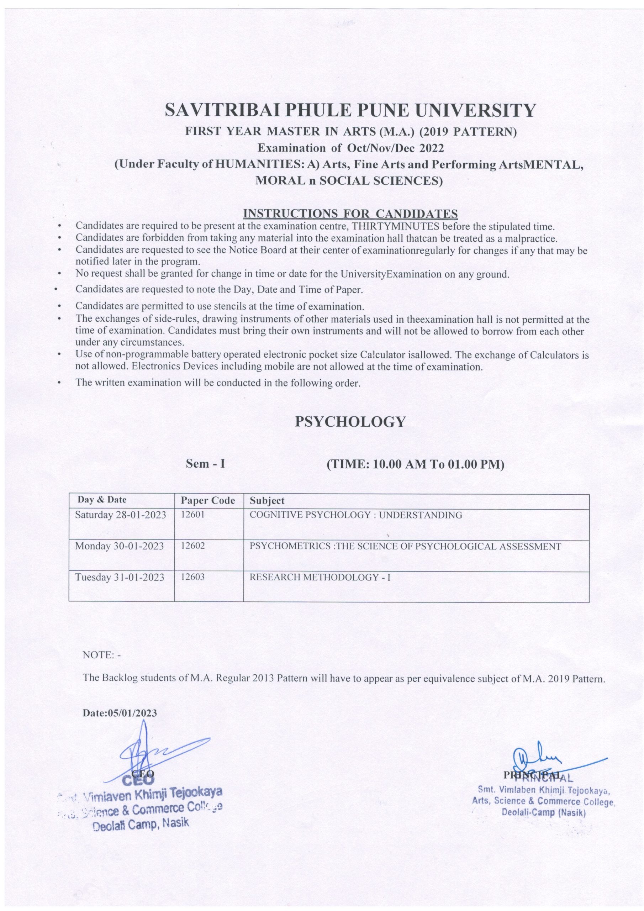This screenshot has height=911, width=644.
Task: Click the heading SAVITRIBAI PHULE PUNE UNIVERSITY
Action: click(350, 111)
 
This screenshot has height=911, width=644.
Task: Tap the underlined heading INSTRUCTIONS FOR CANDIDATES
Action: click(350, 214)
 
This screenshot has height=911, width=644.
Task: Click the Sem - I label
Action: click(206, 464)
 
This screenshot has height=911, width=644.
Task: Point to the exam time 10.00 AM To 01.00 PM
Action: click(415, 464)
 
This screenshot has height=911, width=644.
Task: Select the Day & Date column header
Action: click(102, 500)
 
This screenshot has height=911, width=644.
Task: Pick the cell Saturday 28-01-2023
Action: click(121, 515)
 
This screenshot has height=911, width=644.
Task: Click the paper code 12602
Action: click(193, 546)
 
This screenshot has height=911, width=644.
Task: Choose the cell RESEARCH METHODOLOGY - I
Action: click(320, 577)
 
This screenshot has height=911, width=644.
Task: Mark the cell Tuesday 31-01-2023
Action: click(120, 577)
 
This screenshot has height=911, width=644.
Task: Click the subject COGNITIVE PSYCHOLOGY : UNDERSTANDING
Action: click(355, 515)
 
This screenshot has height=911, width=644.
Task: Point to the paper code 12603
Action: click(193, 577)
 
